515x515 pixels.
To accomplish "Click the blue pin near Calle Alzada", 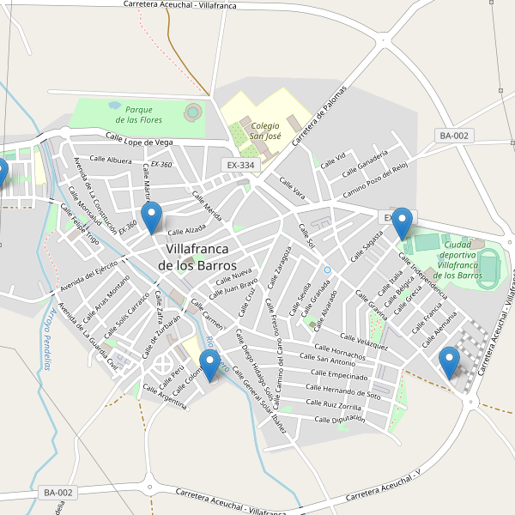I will (152, 218).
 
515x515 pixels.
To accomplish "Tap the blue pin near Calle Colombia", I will (208, 366).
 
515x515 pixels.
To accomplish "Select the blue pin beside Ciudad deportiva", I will (401, 223).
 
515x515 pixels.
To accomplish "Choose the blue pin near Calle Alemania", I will (449, 362).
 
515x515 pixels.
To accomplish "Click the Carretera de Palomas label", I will (319, 116).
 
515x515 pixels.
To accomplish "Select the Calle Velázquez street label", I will (364, 342).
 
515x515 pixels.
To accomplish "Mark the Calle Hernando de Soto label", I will (343, 394).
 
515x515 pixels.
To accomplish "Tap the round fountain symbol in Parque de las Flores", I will (193, 111).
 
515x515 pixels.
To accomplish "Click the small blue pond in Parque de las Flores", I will (114, 106).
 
